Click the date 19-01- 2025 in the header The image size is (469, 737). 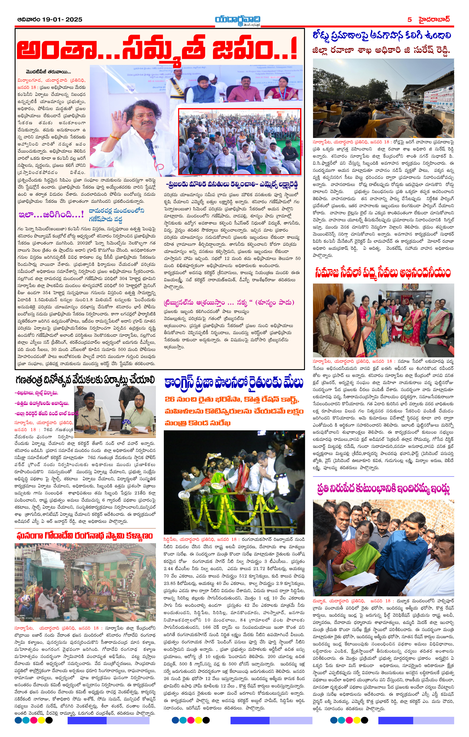pyautogui.click(x=63, y=20)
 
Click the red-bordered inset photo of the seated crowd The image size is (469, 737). pyautogui.click(x=240, y=141)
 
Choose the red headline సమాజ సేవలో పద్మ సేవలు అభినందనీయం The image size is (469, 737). pyautogui.click(x=383, y=272)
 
